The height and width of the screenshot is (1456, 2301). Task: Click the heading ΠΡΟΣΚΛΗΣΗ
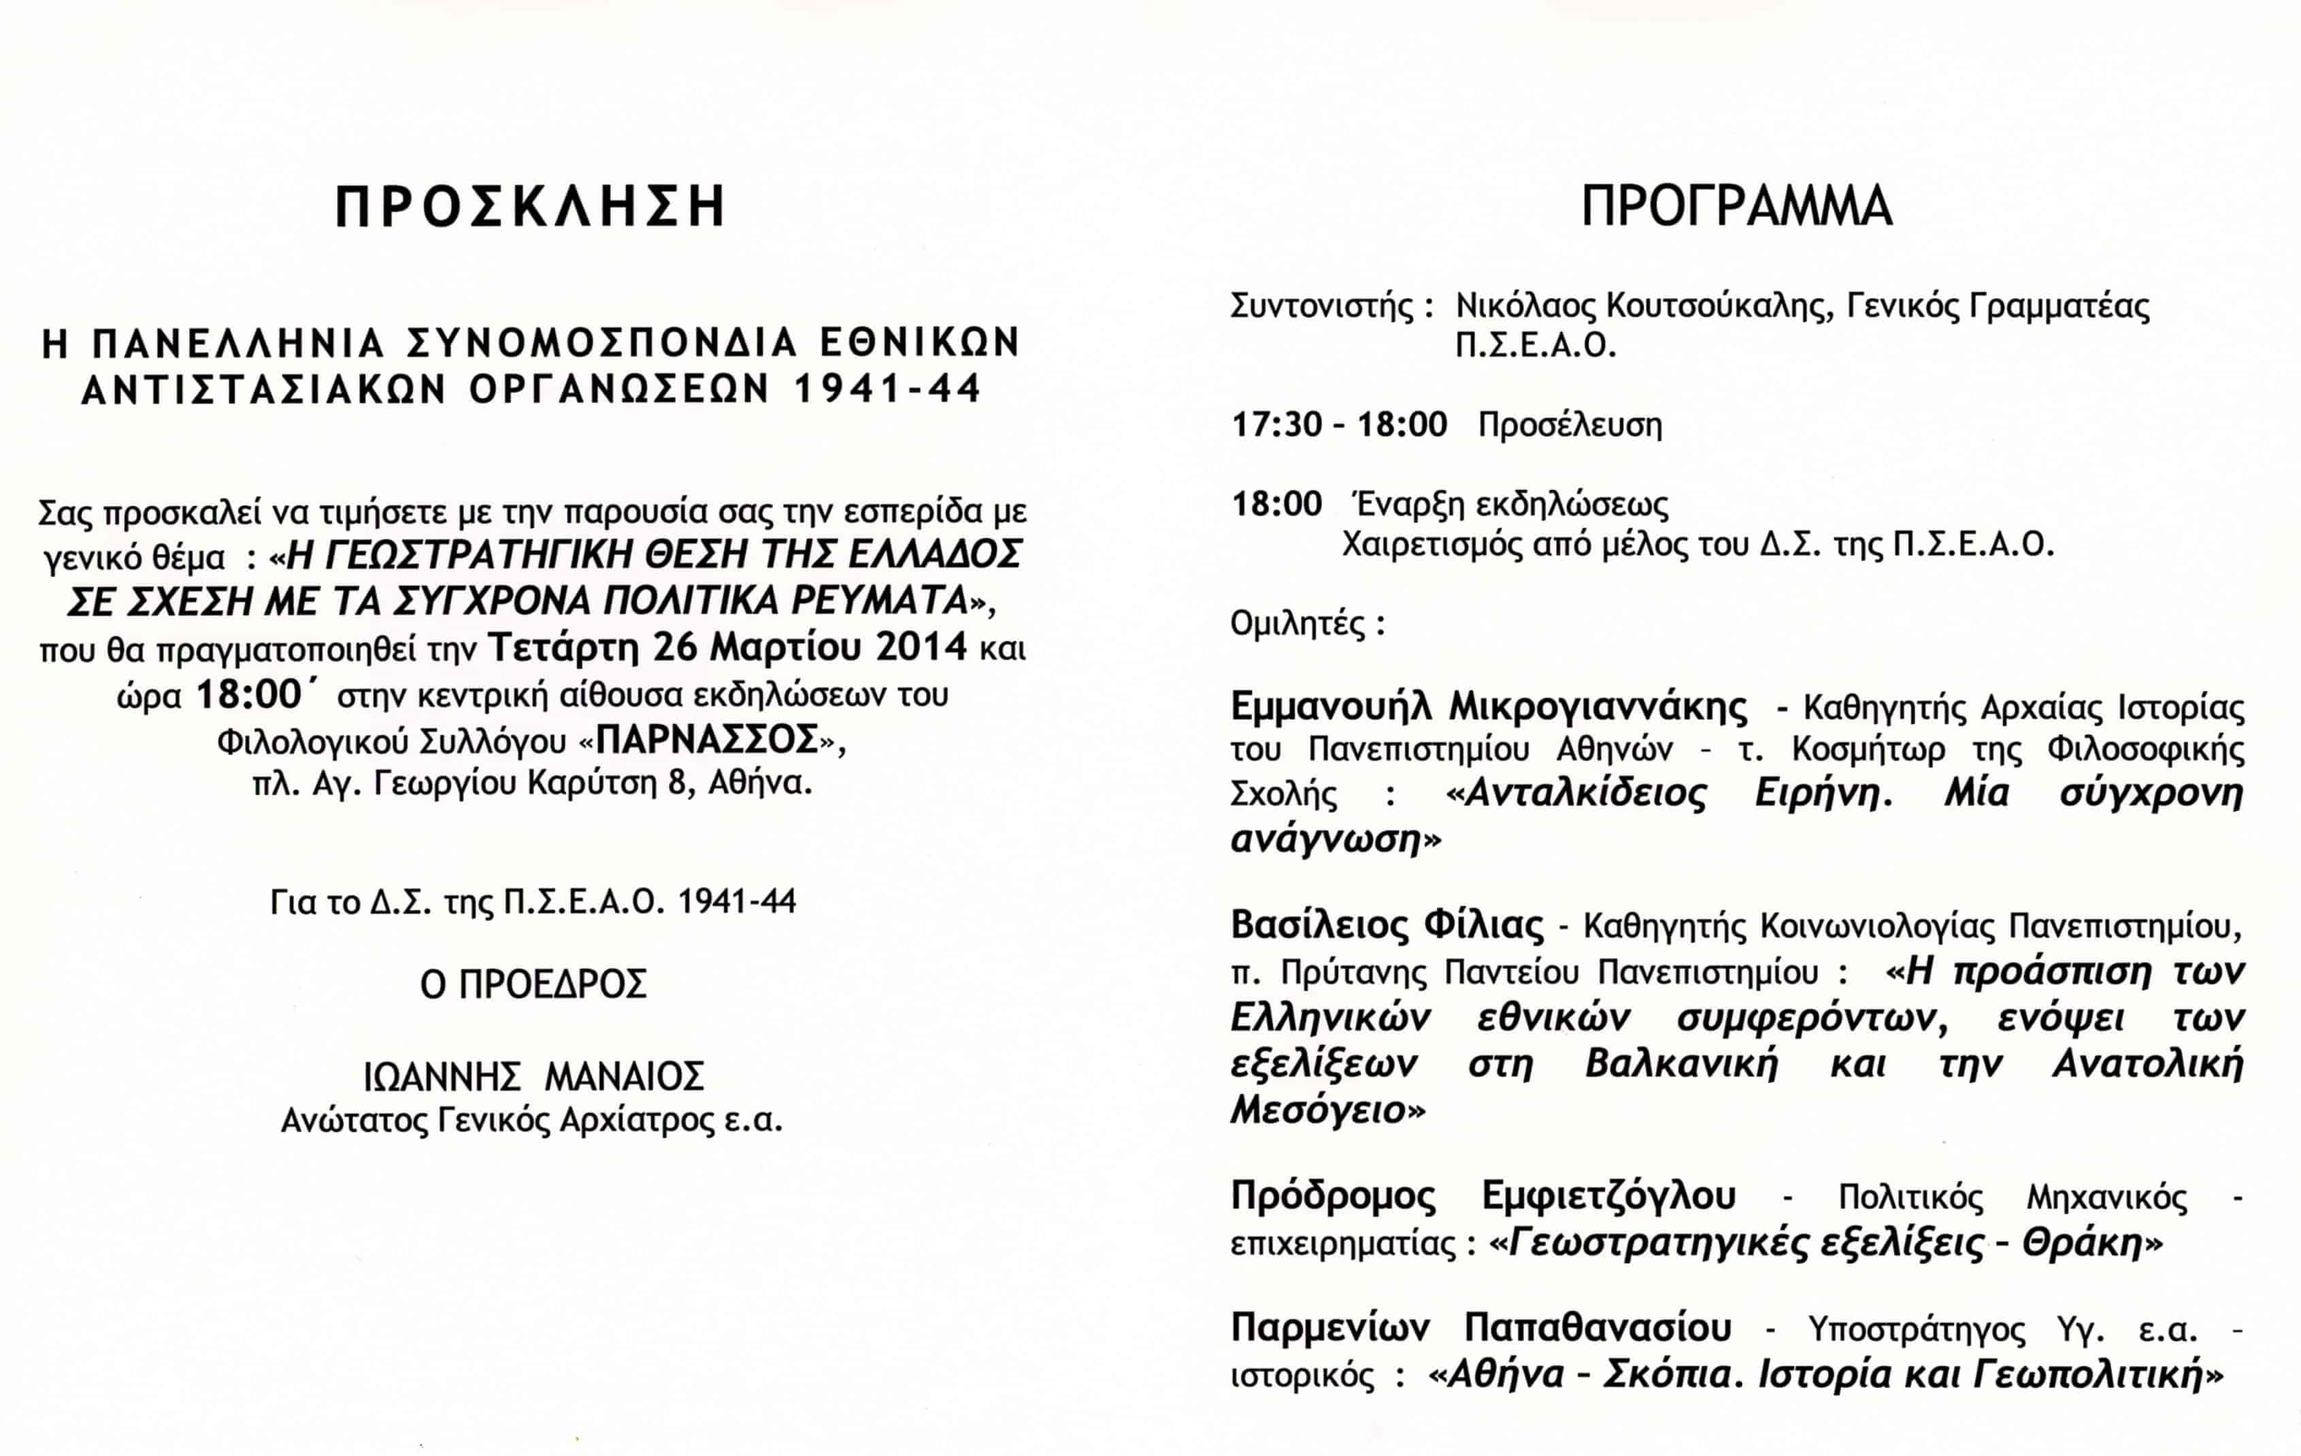(530, 208)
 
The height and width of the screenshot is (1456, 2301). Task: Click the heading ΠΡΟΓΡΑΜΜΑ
(1736, 208)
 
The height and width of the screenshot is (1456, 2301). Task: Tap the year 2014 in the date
(921, 648)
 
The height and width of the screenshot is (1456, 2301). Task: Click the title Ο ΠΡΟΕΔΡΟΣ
(533, 984)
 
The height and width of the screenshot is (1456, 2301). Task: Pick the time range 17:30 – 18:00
(1339, 424)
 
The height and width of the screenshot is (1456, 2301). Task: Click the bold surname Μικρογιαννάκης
(1598, 707)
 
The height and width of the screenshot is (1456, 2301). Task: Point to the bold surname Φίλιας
(1483, 925)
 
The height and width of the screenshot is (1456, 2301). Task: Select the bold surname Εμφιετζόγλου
(1608, 1196)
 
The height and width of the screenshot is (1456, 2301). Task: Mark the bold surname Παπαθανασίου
(1598, 1328)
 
